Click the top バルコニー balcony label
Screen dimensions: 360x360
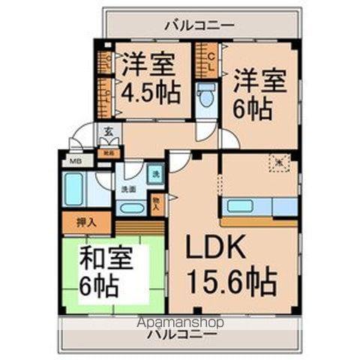tap(199, 25)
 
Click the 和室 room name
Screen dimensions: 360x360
tap(106, 260)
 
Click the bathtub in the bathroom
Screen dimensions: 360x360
tap(73, 189)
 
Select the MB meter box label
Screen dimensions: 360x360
tap(76, 160)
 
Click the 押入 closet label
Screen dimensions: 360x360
tap(87, 222)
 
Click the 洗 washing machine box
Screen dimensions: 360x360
tap(154, 174)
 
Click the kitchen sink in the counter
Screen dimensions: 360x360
tap(239, 205)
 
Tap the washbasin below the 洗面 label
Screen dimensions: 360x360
tap(131, 208)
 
